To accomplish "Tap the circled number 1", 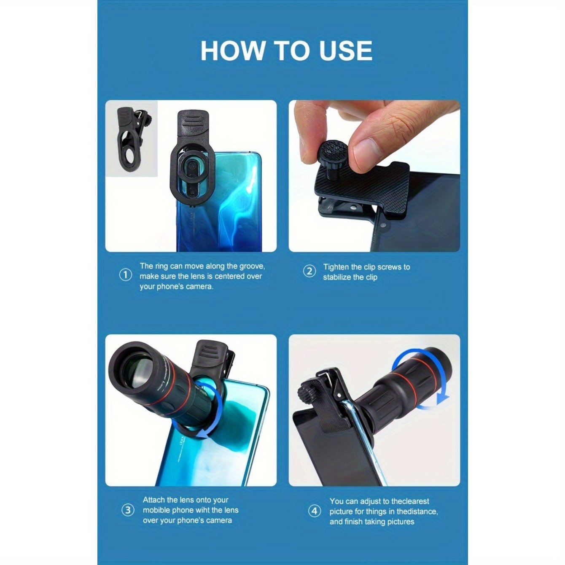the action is point(126,276).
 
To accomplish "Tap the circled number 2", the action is point(309,272).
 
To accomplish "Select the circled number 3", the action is point(128,511).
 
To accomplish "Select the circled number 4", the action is point(314,511).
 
